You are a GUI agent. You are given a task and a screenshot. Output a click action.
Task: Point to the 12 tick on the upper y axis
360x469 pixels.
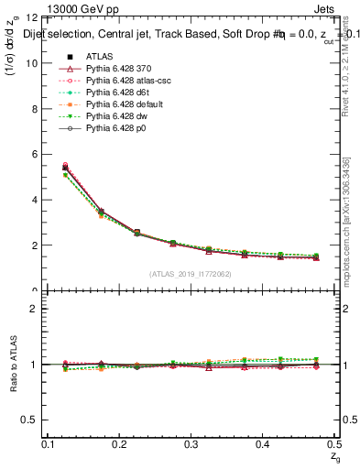[32, 18]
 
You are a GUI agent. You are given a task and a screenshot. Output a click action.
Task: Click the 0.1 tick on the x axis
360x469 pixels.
[49, 444]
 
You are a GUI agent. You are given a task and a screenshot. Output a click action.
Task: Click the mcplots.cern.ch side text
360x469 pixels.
[347, 220]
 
